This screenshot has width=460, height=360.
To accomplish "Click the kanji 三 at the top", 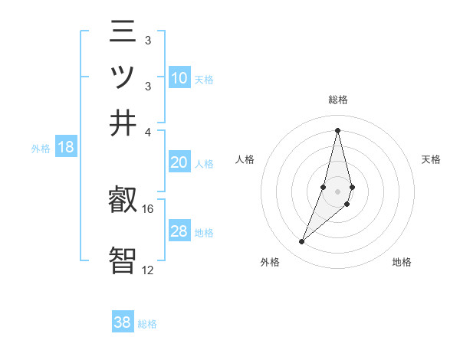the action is pos(123,34).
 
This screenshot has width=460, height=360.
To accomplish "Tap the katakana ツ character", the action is pos(123,78).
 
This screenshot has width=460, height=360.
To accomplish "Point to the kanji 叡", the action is pos(123,201).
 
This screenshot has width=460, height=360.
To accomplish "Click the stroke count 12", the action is pos(148,270).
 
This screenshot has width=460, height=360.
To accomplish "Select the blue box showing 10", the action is pos(179,78).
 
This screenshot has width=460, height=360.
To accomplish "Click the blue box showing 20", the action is pos(179,162).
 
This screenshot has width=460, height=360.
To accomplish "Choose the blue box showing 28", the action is pos(179,231).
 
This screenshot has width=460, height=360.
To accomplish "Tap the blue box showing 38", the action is pos(123,322).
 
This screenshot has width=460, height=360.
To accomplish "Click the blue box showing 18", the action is pos(66,148).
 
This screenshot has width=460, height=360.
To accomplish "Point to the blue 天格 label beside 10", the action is pos(204,79).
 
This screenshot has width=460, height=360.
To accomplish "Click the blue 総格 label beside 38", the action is pos(147,324).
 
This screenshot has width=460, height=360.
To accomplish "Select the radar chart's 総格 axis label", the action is pos(337,100).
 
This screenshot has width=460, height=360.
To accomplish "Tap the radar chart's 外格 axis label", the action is pos(270,263).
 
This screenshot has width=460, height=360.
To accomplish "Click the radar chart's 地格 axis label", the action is pos(402,263).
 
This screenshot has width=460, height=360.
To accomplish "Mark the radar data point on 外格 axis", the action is pos(302,241).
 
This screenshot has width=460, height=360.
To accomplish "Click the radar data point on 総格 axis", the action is pos(337,130).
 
